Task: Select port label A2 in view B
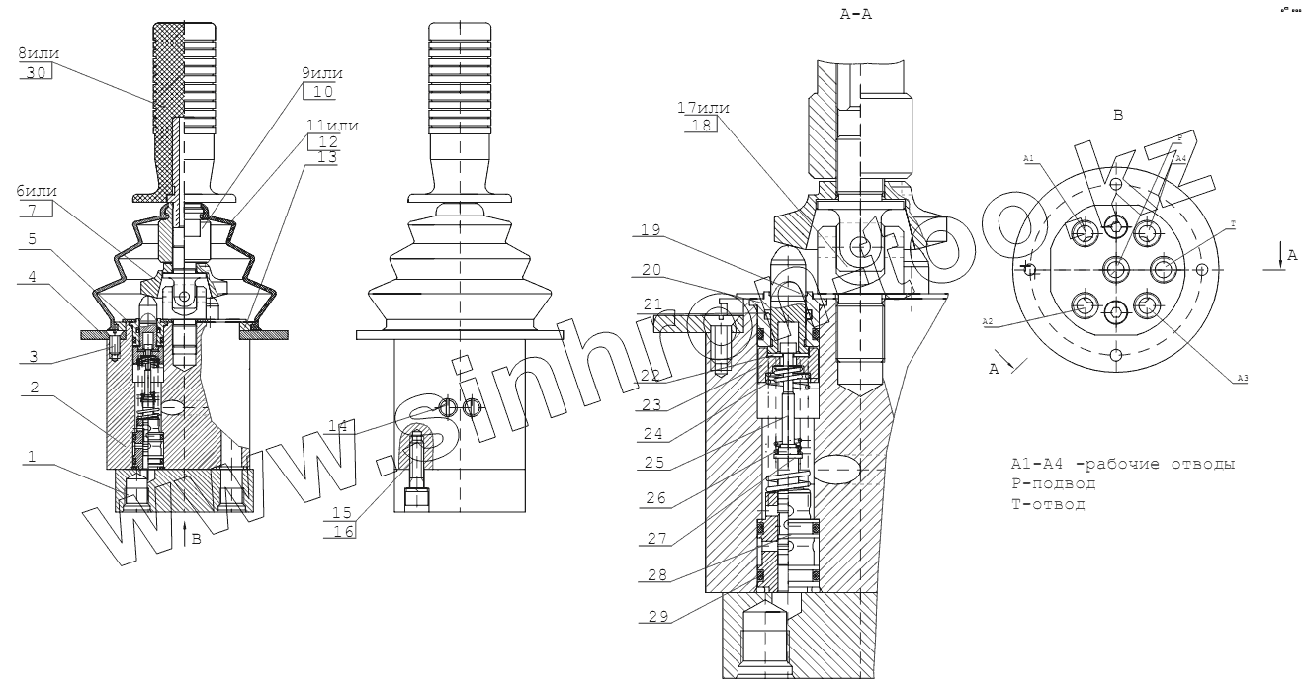(987, 322)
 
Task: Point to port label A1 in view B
(1028, 157)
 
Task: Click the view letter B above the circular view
(1118, 115)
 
